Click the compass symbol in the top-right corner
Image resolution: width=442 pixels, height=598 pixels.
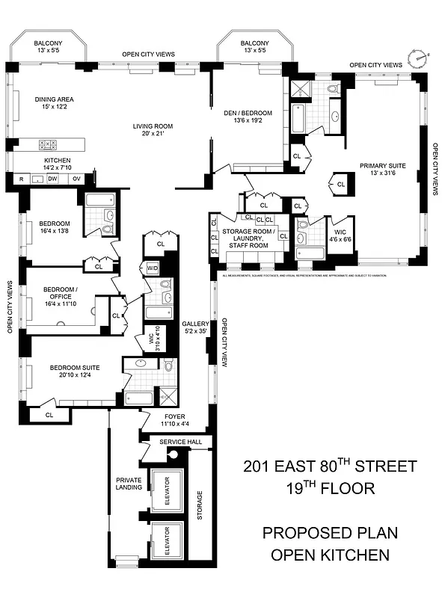click(417, 57)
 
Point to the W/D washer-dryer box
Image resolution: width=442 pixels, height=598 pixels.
click(153, 268)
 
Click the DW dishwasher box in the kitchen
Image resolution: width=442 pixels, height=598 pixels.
click(52, 179)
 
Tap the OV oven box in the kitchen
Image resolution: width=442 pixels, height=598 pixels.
click(76, 179)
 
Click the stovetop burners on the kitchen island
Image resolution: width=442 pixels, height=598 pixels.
click(46, 144)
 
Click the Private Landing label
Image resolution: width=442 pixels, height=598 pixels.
click(129, 485)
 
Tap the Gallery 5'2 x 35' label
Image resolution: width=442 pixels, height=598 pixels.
click(196, 327)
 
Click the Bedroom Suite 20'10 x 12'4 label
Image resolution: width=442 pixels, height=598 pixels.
click(75, 372)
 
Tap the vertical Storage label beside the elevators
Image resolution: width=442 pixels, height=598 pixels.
click(199, 505)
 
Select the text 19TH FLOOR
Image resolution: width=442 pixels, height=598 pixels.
click(329, 488)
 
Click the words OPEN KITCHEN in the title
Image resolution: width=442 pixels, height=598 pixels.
click(330, 554)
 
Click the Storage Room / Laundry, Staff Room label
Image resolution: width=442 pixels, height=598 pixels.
click(254, 238)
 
